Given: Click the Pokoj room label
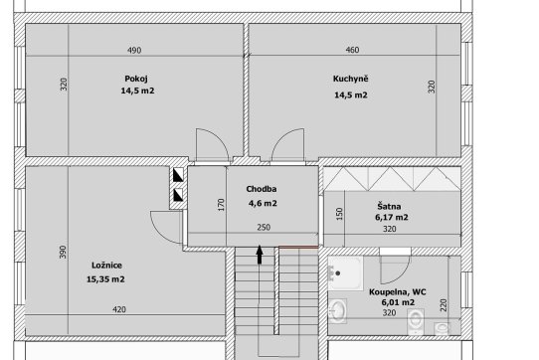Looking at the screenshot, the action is click(136, 79).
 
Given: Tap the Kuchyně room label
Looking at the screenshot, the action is click(351, 79).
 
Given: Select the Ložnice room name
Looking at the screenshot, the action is click(106, 266).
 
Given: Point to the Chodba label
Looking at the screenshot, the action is click(262, 189).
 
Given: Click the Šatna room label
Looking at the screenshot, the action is click(389, 206).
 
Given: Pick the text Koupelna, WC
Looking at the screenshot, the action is click(398, 292).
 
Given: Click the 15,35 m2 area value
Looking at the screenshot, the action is click(105, 279).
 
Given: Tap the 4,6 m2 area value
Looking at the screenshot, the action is click(263, 203).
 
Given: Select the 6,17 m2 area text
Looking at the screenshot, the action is click(392, 218).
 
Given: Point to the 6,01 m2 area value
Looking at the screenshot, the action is click(398, 302).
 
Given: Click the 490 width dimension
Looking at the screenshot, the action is click(134, 51).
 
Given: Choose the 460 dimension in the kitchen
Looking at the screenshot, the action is click(352, 50).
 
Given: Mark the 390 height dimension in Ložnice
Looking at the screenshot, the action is click(63, 252).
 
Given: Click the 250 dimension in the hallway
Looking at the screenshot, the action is click(264, 228).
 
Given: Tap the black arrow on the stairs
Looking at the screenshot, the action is click(260, 255).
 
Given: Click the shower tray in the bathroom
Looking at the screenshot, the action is click(345, 273).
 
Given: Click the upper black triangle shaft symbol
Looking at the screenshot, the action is click(178, 175).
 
